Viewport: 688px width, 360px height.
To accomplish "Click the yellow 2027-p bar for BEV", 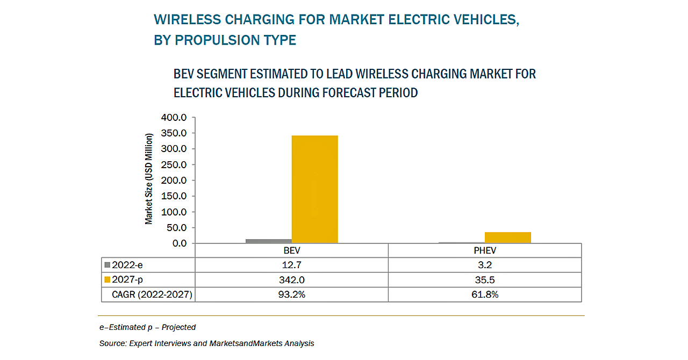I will (314, 189).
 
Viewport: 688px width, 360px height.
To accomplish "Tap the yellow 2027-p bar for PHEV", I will (507, 237).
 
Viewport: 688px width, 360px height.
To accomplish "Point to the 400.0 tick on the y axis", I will (174, 118).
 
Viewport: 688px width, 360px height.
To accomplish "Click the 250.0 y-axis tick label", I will (174, 164).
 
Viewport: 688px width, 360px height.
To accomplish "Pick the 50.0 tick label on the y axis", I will (176, 228).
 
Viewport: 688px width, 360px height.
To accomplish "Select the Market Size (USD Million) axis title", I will (149, 178).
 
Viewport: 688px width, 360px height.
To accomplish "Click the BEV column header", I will (292, 251).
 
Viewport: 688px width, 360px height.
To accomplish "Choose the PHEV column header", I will (484, 251).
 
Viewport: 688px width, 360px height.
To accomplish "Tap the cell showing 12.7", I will (292, 265).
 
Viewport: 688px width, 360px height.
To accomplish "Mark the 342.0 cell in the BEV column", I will (292, 280).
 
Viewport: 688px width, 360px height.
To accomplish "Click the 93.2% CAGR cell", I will (292, 294).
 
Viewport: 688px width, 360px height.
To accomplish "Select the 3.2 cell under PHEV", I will (484, 265).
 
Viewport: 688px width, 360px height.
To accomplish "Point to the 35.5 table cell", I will (484, 280).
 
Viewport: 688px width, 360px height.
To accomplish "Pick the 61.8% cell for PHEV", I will (484, 294).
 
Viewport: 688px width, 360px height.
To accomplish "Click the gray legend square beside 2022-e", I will (107, 265).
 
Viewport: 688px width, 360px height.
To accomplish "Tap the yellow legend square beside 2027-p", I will (107, 279).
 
